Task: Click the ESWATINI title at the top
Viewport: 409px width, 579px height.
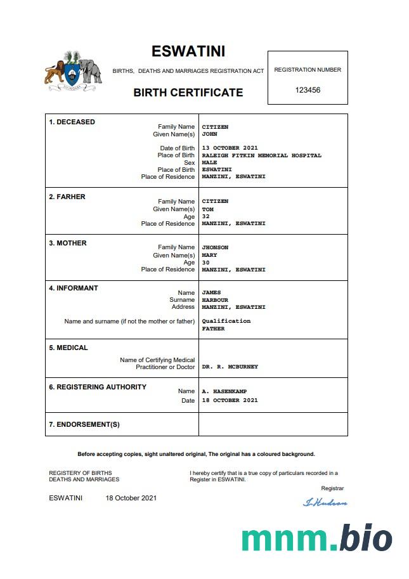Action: [x=188, y=51]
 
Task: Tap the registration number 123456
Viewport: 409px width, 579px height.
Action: [x=308, y=90]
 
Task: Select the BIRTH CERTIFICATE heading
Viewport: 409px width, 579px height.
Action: [x=188, y=93]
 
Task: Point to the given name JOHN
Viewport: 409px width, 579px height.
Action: [x=209, y=134]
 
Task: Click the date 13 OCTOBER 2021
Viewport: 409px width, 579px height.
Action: [x=230, y=148]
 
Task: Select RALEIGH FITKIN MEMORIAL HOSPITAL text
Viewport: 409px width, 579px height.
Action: [x=261, y=155]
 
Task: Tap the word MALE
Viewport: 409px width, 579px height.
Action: [x=209, y=163]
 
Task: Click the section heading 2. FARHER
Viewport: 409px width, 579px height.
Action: [x=67, y=197]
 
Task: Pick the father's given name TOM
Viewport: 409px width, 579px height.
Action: [x=207, y=209]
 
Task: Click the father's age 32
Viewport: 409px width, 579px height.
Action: [x=205, y=216]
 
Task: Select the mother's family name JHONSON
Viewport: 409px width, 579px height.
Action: [x=215, y=247]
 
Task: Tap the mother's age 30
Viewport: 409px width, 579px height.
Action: [x=205, y=263]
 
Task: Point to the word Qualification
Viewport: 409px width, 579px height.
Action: [x=226, y=321]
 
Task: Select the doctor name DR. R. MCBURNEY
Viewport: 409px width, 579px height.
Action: [x=230, y=367]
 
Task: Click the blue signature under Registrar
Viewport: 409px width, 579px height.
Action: [x=325, y=502]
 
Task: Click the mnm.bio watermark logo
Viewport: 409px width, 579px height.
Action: [x=316, y=538]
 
